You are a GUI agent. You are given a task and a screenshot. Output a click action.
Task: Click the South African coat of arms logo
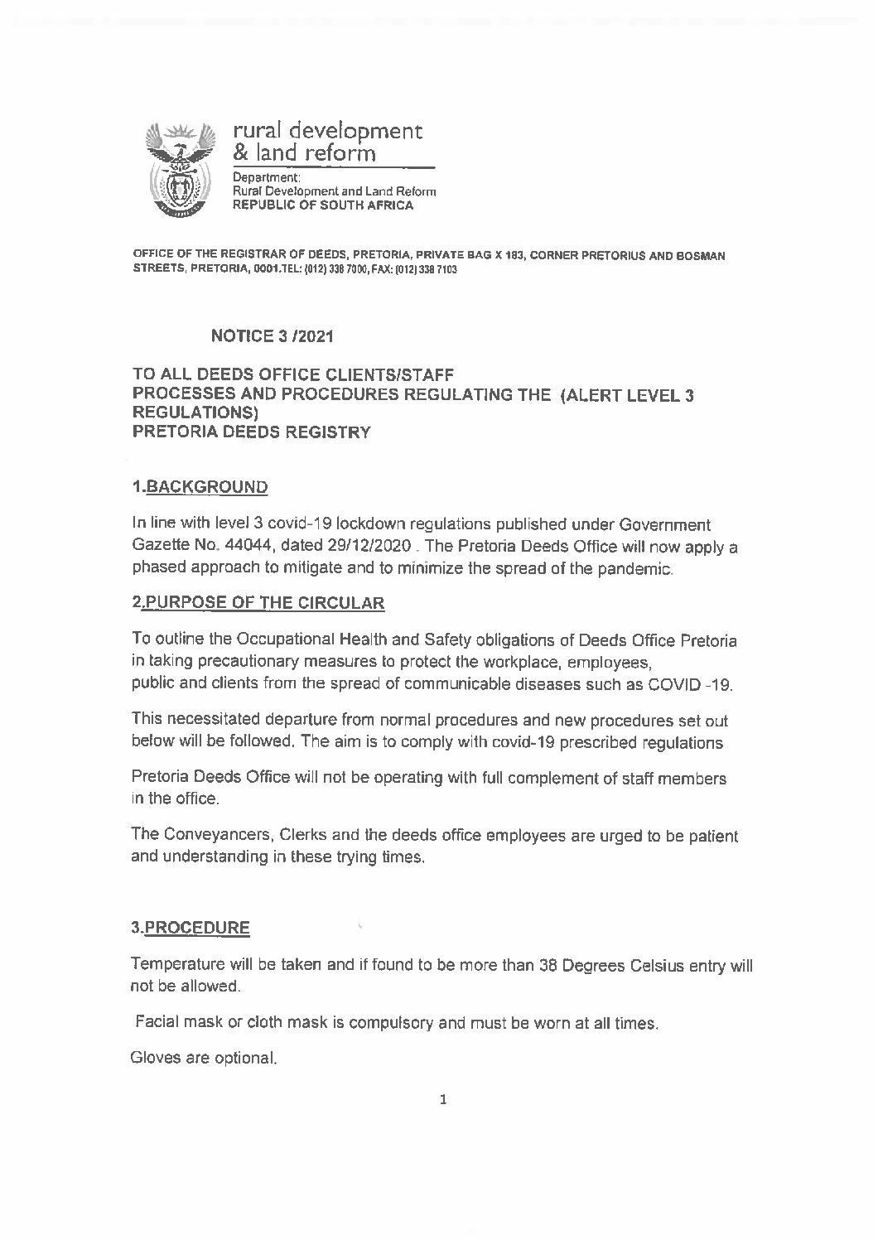pyautogui.click(x=180, y=169)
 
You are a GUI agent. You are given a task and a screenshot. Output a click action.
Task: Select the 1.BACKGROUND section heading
pyautogui.click(x=200, y=486)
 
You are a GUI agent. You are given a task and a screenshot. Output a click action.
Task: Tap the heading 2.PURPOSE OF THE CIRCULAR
pyautogui.click(x=258, y=602)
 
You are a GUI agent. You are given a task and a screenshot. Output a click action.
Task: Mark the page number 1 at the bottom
pyautogui.click(x=443, y=1100)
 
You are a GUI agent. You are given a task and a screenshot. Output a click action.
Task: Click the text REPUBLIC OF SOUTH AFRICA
pyautogui.click(x=323, y=205)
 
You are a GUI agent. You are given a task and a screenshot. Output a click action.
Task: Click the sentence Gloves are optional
pyautogui.click(x=204, y=1058)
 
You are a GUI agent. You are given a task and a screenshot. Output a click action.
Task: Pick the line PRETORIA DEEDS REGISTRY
pyautogui.click(x=252, y=432)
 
